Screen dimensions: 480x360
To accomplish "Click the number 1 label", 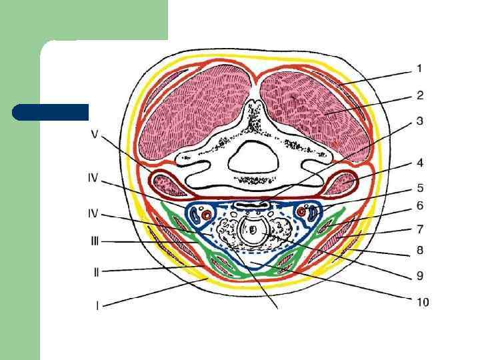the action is pyautogui.click(x=419, y=68).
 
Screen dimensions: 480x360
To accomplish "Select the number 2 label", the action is pyautogui.click(x=420, y=95).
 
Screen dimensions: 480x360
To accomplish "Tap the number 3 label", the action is pyautogui.click(x=420, y=121).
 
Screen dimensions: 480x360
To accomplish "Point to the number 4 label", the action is pyautogui.click(x=420, y=163).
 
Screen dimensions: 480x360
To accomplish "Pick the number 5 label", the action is pyautogui.click(x=420, y=188).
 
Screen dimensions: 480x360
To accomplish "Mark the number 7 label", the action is pyautogui.click(x=420, y=229).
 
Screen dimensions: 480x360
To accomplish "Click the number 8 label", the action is pyautogui.click(x=420, y=251).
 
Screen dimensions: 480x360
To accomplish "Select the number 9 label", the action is pyautogui.click(x=420, y=274).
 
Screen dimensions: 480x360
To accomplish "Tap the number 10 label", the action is pyautogui.click(x=422, y=302).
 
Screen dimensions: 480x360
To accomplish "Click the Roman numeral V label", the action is pyautogui.click(x=95, y=134).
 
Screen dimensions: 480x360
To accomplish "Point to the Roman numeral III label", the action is pyautogui.click(x=95, y=241).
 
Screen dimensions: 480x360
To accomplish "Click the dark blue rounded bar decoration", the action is pyautogui.click(x=50, y=112).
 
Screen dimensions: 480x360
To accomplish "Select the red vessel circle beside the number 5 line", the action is pyautogui.click(x=302, y=212).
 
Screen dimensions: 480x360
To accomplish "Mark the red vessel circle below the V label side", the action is pyautogui.click(x=207, y=215).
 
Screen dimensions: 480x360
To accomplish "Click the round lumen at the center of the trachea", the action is pyautogui.click(x=253, y=230).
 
